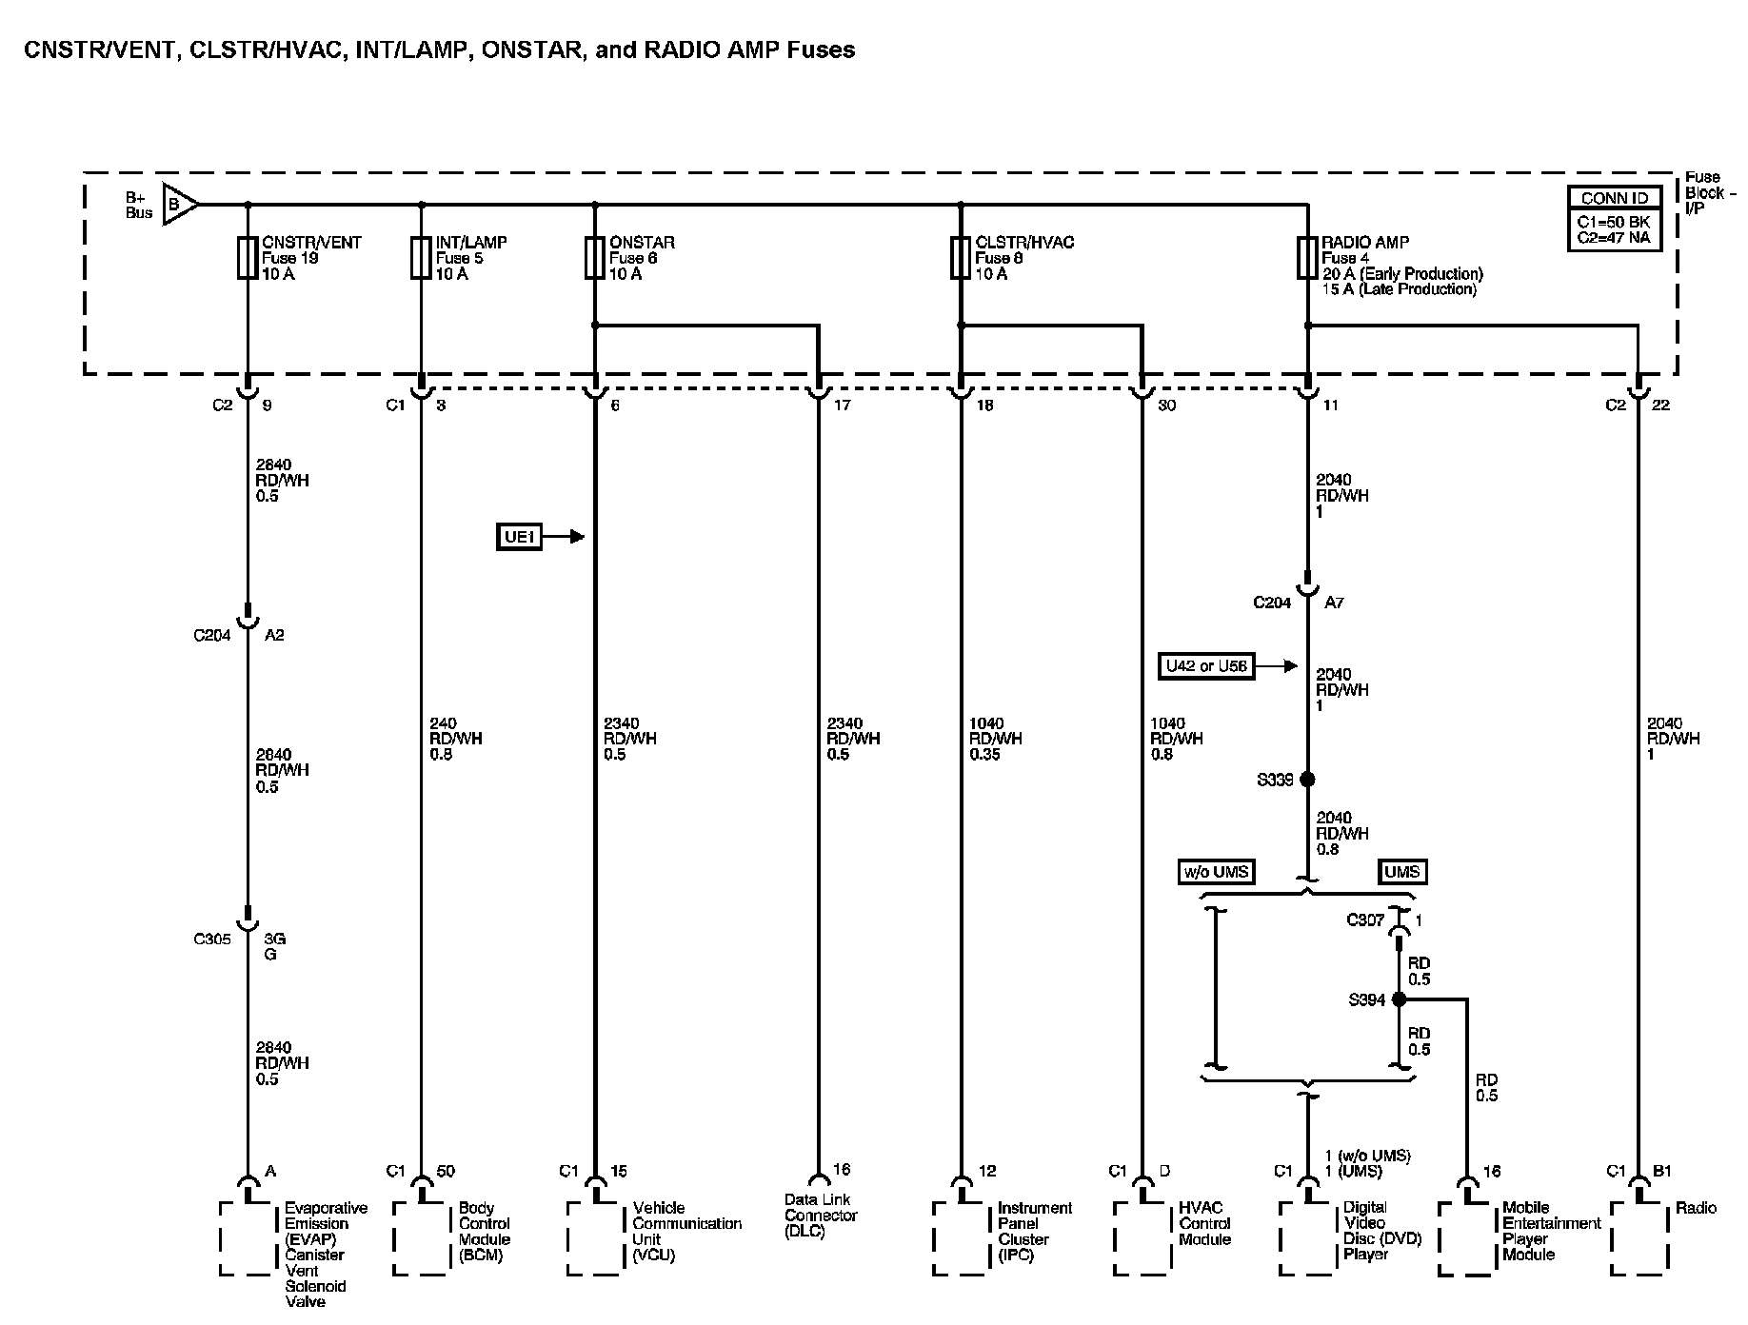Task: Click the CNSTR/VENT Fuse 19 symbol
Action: (x=248, y=258)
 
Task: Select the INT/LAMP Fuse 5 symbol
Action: (x=421, y=258)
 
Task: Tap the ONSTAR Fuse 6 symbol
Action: (x=594, y=258)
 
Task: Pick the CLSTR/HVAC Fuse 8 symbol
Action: (x=961, y=258)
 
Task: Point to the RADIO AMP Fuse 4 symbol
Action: (x=1307, y=258)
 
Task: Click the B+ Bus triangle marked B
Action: (x=178, y=204)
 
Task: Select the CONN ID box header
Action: (x=1615, y=199)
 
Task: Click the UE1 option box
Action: (x=520, y=537)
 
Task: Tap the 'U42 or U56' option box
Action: (x=1206, y=666)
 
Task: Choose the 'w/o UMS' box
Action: (x=1215, y=871)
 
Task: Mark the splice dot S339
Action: (x=1307, y=780)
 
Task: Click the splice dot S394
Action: (x=1399, y=999)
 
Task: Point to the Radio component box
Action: (x=1639, y=1237)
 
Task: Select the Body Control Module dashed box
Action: (x=422, y=1237)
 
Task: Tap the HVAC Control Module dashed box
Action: (x=1142, y=1237)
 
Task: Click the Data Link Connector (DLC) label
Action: (x=821, y=1216)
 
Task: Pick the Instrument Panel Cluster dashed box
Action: (x=962, y=1237)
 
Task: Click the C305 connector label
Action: (x=212, y=939)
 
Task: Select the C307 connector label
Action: (x=1364, y=920)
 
